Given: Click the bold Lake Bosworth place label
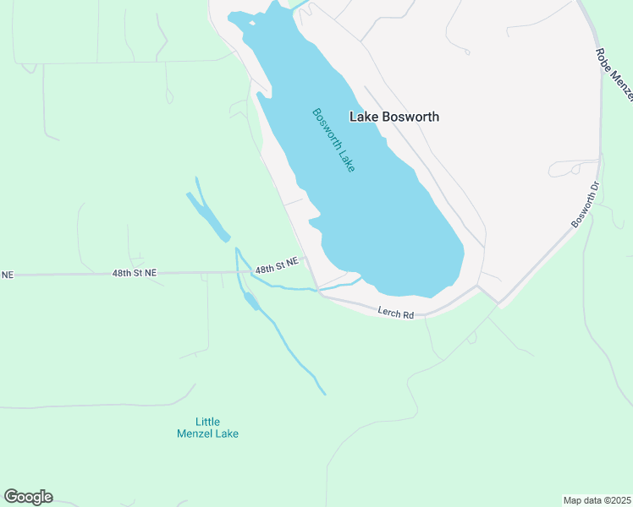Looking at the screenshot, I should point(394,117).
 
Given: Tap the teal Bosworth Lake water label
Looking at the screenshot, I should point(333,140).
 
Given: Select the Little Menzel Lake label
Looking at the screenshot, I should point(207,428).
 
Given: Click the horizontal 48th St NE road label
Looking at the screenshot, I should point(135,273).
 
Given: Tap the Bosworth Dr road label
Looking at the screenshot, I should point(585,205).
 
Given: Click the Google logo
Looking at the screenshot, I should point(28,497).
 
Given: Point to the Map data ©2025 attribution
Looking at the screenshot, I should point(597,499).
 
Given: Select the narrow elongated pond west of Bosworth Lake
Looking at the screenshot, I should point(208,217).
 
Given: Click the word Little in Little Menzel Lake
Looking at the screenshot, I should point(207,421).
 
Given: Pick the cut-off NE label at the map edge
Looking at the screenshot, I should point(8,275).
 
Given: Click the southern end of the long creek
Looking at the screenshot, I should point(324,394).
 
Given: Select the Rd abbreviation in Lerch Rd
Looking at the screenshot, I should point(408,315).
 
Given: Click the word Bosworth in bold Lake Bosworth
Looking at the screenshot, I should point(410,117).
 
